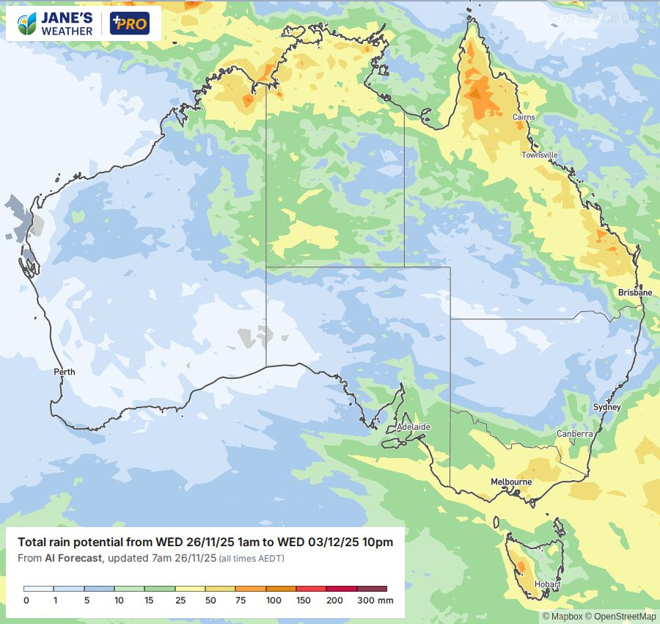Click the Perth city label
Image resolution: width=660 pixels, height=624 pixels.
(x=65, y=371)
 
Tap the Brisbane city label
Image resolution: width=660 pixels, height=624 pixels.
(x=634, y=292)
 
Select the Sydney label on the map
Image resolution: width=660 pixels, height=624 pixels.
(x=606, y=407)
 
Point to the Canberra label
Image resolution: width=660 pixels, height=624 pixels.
(x=574, y=434)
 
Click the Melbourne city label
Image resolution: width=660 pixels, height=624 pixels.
(x=511, y=482)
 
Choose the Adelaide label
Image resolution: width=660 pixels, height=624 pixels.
(x=413, y=427)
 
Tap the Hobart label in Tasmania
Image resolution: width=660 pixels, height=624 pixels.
(x=547, y=585)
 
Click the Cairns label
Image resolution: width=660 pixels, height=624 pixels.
(x=524, y=117)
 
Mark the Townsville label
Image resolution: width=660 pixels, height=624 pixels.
(x=540, y=155)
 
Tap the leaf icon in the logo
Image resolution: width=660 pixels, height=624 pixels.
(x=28, y=24)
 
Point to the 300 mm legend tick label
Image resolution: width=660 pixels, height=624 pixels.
(x=375, y=601)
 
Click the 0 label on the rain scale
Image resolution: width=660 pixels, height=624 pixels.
(x=26, y=601)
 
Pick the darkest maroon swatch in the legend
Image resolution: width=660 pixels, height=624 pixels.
(x=372, y=589)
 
